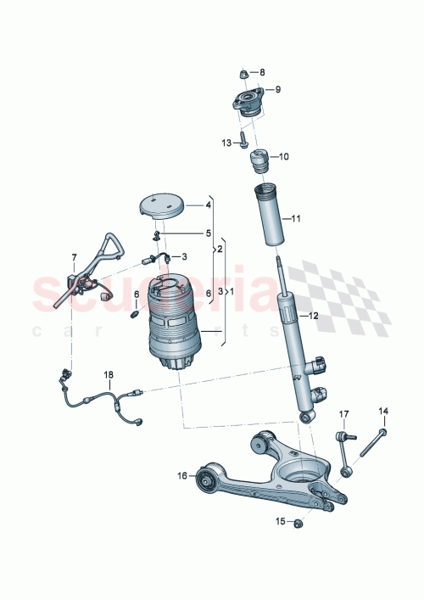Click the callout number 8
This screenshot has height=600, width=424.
click(262, 72)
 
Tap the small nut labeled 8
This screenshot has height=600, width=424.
click(244, 74)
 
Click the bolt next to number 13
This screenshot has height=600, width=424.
click(243, 139)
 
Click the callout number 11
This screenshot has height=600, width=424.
click(296, 220)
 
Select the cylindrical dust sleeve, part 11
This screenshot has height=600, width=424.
click(267, 217)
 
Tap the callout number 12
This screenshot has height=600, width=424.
click(313, 316)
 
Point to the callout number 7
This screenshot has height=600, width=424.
click(74, 256)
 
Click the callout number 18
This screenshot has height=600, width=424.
click(108, 374)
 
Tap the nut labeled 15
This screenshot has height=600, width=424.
click(298, 524)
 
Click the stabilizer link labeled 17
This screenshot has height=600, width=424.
click(343, 450)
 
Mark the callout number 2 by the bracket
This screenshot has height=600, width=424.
click(220, 249)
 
